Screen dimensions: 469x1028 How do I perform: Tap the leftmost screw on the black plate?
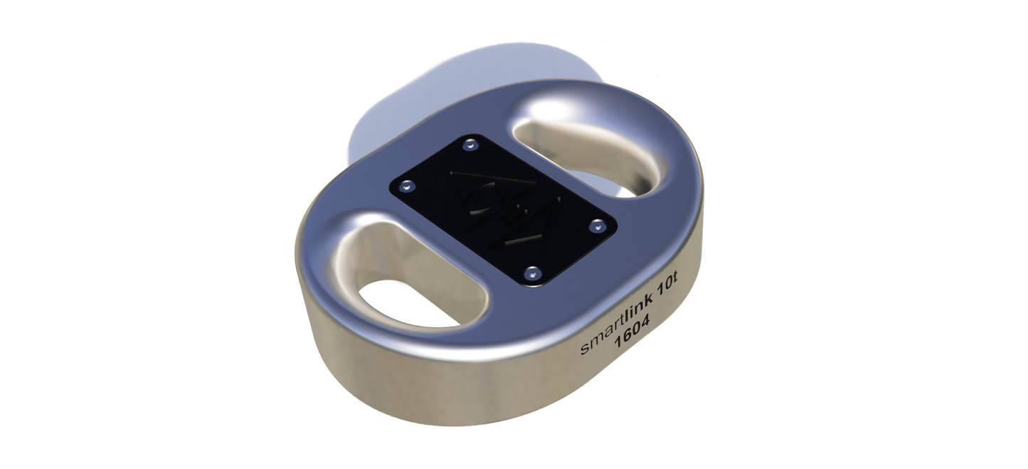[406, 187]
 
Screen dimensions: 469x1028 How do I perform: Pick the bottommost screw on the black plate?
[532, 273]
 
